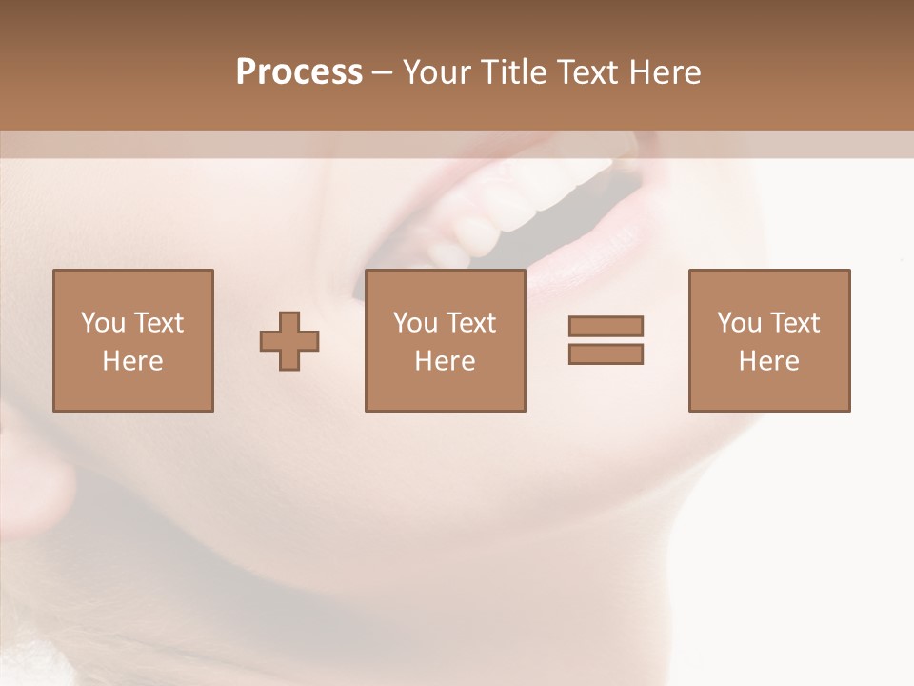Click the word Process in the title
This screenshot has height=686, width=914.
click(299, 72)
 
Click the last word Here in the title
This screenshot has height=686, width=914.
click(664, 72)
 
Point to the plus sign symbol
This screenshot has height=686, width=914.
click(289, 341)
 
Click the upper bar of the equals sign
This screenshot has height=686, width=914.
click(606, 326)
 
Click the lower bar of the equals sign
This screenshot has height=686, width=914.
click(606, 353)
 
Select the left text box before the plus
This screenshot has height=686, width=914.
click(133, 340)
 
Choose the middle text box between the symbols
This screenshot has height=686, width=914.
click(445, 340)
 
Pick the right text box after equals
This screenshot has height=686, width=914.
click(769, 340)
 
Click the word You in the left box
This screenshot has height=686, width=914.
click(103, 323)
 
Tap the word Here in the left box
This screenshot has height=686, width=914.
click(133, 361)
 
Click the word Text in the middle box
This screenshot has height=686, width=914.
click(470, 323)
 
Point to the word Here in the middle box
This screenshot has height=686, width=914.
click(445, 361)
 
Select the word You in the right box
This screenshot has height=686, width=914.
click(739, 323)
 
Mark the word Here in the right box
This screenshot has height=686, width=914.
click(769, 361)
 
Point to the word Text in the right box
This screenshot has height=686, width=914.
click(794, 323)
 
